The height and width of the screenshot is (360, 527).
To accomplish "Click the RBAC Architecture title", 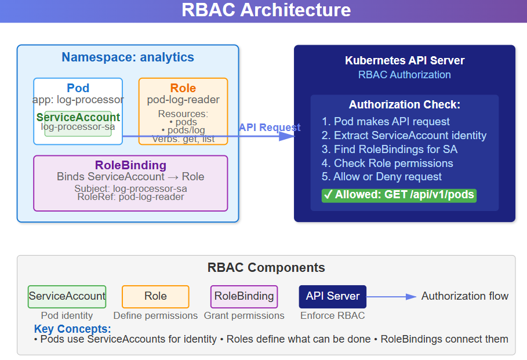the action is (266, 10).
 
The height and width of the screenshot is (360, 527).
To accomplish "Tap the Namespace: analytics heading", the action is (128, 57).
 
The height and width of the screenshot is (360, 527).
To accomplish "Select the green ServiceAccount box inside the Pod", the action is (78, 123).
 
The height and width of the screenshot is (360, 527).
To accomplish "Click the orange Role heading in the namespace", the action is (183, 88).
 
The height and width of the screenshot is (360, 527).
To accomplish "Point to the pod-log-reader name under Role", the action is (183, 100).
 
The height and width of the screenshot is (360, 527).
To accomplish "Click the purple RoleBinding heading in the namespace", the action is (131, 165).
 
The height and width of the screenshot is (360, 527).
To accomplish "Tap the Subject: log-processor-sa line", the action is (131, 188).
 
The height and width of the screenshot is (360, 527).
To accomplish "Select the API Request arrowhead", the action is (287, 136).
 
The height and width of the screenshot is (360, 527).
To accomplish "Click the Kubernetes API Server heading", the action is (405, 60).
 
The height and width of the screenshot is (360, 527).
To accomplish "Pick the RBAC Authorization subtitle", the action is (405, 75).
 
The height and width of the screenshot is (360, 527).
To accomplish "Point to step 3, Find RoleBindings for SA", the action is (390, 149).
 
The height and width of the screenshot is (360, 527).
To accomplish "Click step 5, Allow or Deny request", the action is (382, 177).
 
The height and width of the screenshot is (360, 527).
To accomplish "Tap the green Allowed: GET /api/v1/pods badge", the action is (399, 195).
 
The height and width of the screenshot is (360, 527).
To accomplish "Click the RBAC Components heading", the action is (266, 268).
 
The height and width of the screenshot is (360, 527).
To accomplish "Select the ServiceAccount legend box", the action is (67, 296).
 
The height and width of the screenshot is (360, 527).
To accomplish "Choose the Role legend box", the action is (155, 296).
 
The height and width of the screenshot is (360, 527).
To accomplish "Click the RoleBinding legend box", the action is (244, 296).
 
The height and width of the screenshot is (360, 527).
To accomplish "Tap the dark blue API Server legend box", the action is (333, 296).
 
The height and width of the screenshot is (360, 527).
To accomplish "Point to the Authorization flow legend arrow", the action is (391, 297).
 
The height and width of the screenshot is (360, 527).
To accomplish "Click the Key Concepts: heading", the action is (72, 328).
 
